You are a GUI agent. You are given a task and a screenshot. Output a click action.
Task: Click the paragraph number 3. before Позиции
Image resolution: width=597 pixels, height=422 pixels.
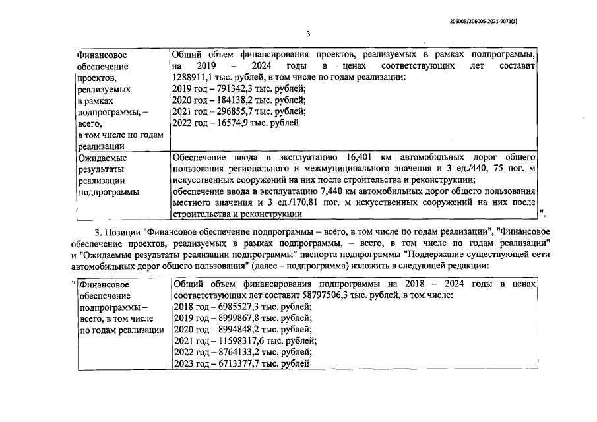99,232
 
